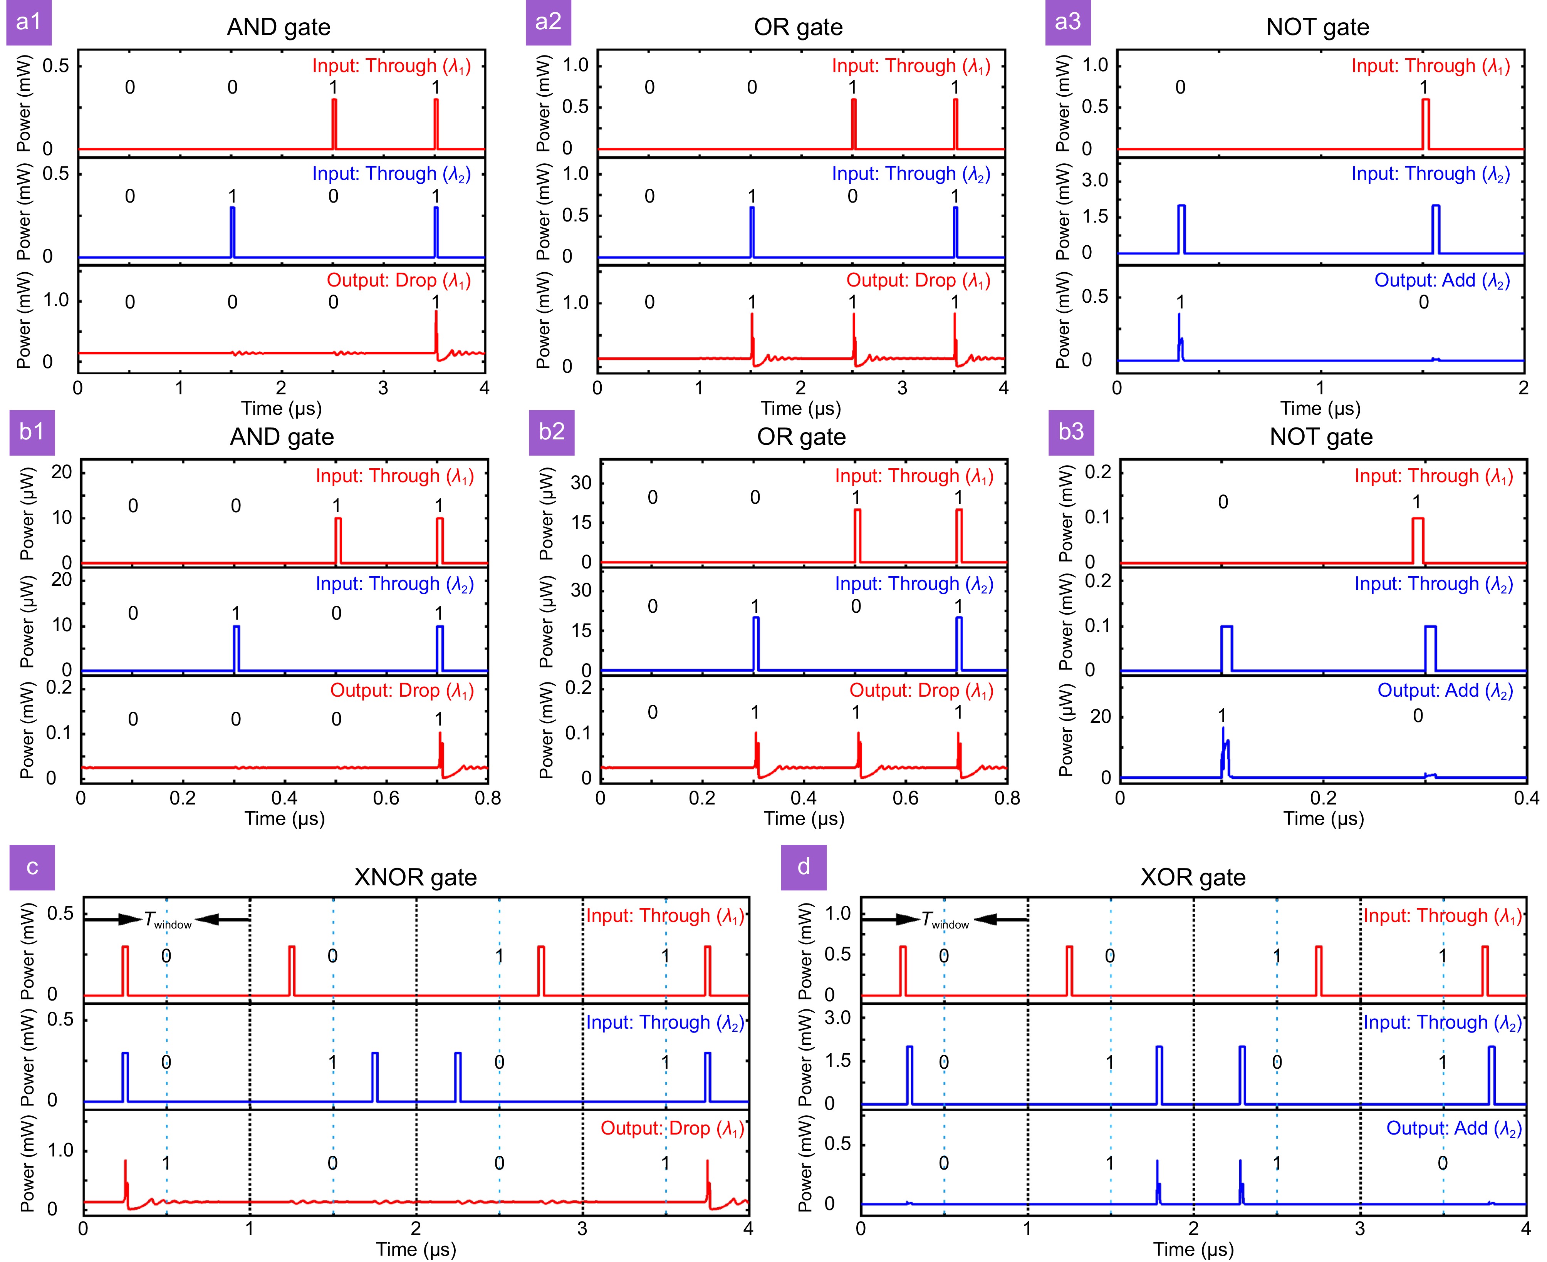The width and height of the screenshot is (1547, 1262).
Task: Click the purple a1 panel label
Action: point(29,22)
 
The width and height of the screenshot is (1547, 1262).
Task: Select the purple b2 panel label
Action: point(552,432)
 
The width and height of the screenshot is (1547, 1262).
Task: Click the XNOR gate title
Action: point(415,877)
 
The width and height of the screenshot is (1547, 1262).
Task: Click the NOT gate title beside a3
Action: point(1317,27)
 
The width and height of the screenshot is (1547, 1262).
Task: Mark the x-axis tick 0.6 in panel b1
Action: point(386,798)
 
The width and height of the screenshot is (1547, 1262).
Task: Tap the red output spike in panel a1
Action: point(436,331)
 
